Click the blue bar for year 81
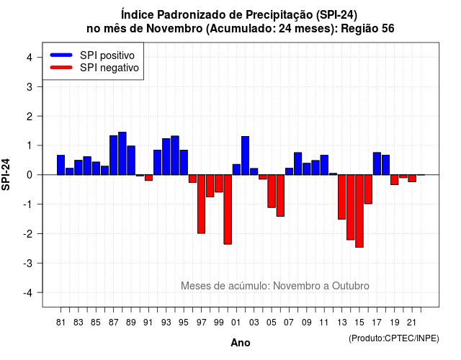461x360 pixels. point(61,165)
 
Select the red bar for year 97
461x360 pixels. point(202,204)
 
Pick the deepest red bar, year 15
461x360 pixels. point(359,211)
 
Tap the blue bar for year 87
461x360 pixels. point(114,156)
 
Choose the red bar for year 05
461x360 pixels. point(272,191)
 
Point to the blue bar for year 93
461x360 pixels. point(166,157)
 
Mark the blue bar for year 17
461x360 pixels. point(377,163)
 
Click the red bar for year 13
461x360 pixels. point(342,197)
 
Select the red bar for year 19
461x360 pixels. point(395,180)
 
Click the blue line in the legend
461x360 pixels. point(61,55)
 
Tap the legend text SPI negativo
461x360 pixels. point(109,68)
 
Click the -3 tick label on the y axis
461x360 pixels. point(28,263)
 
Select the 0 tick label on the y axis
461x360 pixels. point(30,175)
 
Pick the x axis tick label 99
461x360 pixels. point(219,323)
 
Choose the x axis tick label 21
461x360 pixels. point(411,323)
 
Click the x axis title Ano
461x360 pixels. point(241,343)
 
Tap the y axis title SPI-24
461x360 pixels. point(6,174)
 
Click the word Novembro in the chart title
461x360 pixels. point(174,29)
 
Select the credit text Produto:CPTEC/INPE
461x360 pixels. point(394,338)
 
